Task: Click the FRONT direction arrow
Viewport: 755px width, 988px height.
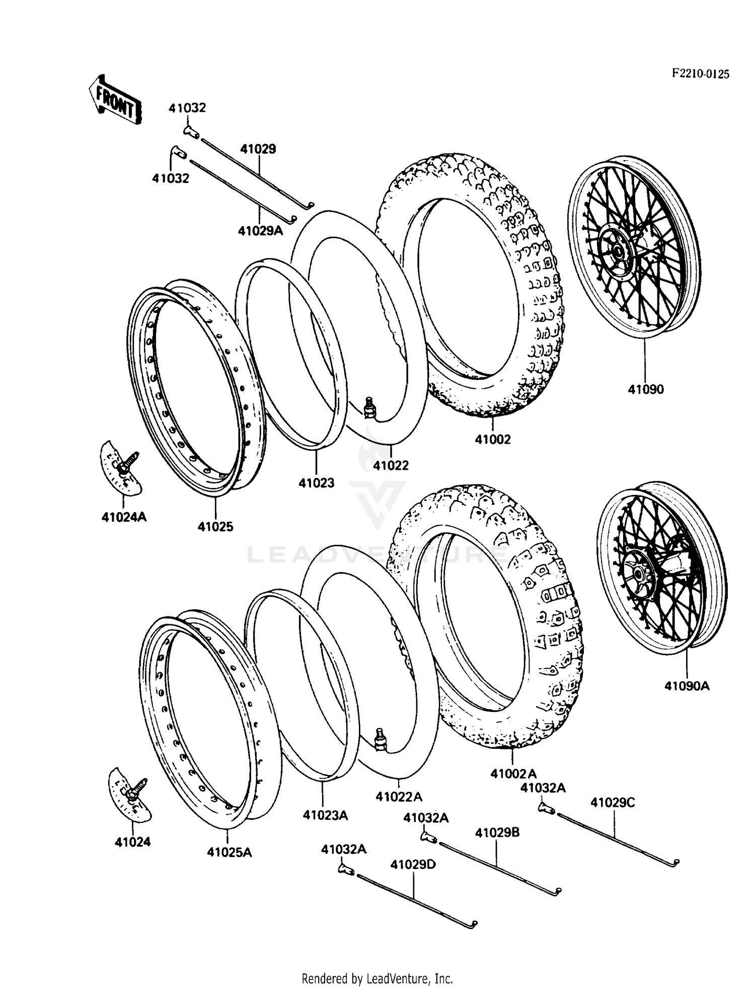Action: [115, 100]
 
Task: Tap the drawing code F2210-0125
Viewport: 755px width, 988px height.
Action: [700, 74]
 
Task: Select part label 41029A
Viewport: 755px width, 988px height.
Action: [260, 231]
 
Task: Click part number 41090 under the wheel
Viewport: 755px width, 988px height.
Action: [646, 389]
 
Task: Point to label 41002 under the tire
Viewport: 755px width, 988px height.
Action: [492, 439]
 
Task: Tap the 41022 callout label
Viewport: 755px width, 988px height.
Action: [391, 465]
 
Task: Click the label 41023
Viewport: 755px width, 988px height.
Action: [316, 483]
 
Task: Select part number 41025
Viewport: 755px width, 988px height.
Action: [215, 527]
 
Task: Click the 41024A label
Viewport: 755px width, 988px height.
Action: [124, 517]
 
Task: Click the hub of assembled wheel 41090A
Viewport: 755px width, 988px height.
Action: [639, 573]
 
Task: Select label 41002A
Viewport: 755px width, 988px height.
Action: [513, 773]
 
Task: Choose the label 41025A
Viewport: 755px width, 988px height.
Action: [229, 852]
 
